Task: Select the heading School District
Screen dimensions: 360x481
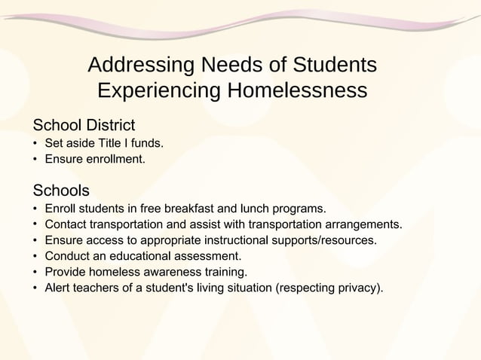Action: pos(83,124)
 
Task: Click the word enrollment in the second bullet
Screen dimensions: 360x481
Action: pos(113,159)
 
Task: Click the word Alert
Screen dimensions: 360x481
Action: pos(59,288)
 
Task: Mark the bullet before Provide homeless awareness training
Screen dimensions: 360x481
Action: pos(35,272)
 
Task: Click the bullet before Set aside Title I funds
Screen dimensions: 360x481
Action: pos(35,143)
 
